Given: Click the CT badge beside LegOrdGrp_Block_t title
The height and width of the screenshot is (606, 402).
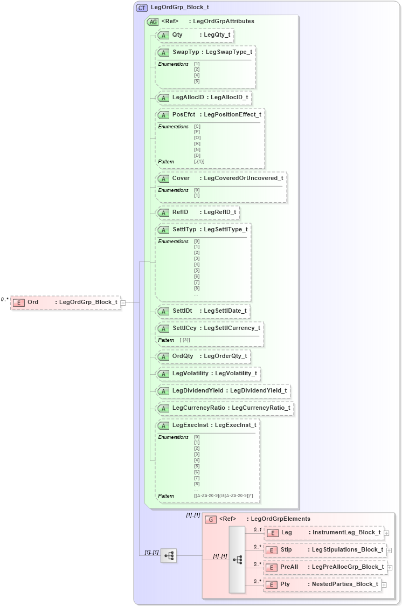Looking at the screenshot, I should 142,8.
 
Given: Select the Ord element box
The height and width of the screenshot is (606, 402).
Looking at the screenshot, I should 65,302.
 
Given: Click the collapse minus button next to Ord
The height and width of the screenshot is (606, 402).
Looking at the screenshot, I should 123,302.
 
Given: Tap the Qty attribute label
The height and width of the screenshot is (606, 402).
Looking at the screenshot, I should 177,35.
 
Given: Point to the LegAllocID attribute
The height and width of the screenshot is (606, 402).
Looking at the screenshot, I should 188,98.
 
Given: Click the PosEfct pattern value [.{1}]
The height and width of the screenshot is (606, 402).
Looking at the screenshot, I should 199,161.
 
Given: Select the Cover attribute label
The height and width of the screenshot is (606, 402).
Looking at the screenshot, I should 181,178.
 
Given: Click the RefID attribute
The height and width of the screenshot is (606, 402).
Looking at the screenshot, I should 180,212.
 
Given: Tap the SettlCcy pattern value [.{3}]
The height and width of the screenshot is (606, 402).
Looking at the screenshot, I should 185,340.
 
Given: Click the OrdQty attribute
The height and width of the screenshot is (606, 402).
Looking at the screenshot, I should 183,356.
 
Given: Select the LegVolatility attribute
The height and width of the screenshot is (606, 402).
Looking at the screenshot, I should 190,374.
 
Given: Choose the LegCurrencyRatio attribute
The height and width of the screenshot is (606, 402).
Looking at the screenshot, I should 198,408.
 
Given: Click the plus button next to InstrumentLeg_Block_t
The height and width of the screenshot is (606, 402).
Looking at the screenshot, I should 386,533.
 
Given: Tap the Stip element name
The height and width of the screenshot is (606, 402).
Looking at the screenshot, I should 287,550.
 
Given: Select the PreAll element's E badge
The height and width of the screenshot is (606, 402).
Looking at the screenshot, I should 273,567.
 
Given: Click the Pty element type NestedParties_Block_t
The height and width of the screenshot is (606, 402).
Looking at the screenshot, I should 344,584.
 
